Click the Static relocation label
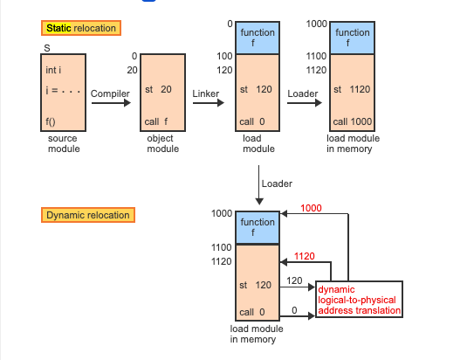coord(79,28)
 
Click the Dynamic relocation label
coord(87,215)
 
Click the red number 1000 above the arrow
coord(312,207)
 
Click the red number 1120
coord(305,256)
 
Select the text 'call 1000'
coord(352,121)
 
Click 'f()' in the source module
coord(52,121)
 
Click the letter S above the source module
coord(45,47)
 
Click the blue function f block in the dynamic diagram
coord(258,227)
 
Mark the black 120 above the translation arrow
coord(293,281)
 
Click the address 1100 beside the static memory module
coord(316,56)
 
